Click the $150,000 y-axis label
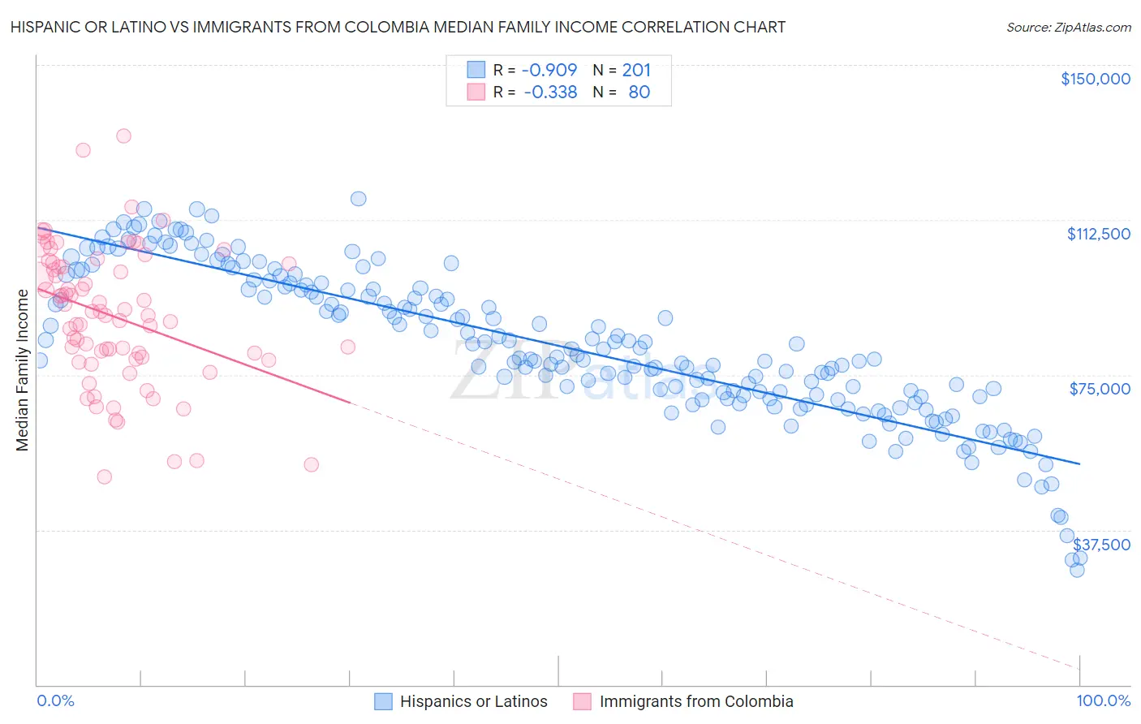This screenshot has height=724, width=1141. pyautogui.click(x=1095, y=79)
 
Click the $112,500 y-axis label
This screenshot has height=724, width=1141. pyautogui.click(x=1098, y=234)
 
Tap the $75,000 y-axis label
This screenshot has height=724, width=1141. pyautogui.click(x=1100, y=389)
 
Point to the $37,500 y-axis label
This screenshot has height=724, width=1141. pyautogui.click(x=1101, y=545)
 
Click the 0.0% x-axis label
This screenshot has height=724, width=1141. pyautogui.click(x=55, y=700)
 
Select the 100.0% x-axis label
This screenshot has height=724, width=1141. pyautogui.click(x=1103, y=700)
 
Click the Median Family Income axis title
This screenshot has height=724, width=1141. pyautogui.click(x=22, y=370)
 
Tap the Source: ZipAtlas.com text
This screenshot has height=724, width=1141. pyautogui.click(x=1068, y=27)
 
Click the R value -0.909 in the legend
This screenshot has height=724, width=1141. pyautogui.click(x=549, y=70)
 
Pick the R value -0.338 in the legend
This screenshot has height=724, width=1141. pyautogui.click(x=550, y=92)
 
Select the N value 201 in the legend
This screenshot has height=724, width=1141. pyautogui.click(x=636, y=70)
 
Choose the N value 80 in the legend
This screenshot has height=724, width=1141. pyautogui.click(x=639, y=92)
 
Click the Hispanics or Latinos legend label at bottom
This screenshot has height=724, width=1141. pyautogui.click(x=474, y=701)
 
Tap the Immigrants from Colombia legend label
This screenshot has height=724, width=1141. pyautogui.click(x=696, y=701)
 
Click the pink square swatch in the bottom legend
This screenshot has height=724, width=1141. pyautogui.click(x=583, y=701)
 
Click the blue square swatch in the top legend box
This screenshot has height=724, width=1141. pyautogui.click(x=476, y=70)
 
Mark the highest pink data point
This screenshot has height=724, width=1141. pyautogui.click(x=123, y=136)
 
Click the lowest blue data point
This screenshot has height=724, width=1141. pyautogui.click(x=1077, y=570)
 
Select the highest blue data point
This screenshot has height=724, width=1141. pyautogui.click(x=358, y=198)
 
